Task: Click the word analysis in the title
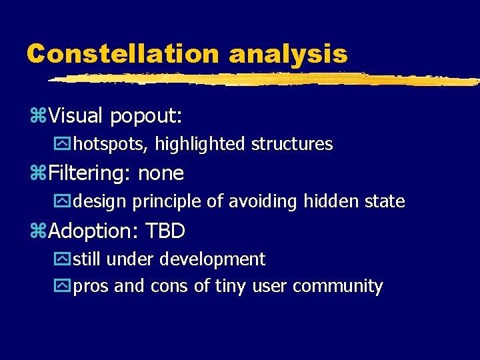(x=287, y=53)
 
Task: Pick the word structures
(x=292, y=144)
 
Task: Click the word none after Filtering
(x=161, y=174)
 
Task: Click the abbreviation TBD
(x=165, y=231)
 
